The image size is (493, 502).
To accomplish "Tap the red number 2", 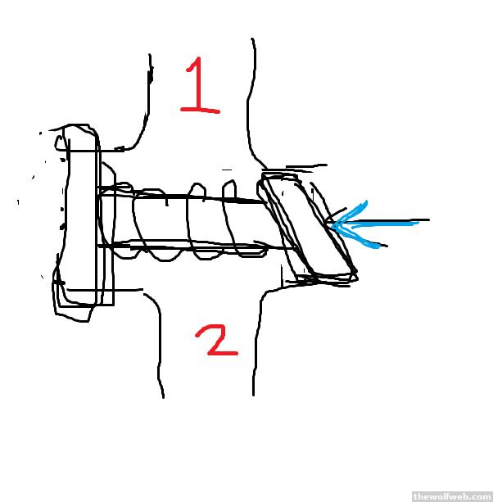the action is (216, 339).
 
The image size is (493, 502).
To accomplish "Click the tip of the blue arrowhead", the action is (332, 226).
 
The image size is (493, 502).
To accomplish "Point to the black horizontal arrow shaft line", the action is (381, 221).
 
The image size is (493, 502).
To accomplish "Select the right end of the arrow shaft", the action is (429, 220).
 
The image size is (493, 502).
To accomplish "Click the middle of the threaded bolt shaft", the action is (183, 221).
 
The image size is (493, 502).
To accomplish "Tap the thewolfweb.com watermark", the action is (452, 496).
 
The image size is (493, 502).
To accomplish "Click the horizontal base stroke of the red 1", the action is (201, 111).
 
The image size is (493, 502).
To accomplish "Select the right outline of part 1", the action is (251, 102).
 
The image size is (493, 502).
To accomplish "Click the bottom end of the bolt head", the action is (80, 321).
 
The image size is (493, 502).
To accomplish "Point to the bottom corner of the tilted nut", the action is (356, 274).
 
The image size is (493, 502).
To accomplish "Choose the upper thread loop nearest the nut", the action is (229, 186).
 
